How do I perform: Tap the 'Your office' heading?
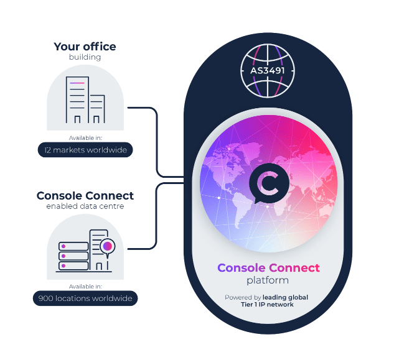tap(85, 47)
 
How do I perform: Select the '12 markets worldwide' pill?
tap(85, 150)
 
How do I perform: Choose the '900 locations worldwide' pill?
tap(85, 298)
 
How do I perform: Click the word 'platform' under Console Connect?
tap(268, 280)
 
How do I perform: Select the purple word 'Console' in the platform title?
tap(240, 268)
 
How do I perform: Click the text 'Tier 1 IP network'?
tap(268, 305)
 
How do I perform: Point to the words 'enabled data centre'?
tap(85, 206)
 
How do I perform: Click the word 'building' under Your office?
tap(85, 57)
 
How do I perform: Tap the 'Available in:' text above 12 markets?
tap(85, 138)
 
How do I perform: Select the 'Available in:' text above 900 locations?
tap(85, 287)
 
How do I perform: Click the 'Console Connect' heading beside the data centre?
tap(85, 195)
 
